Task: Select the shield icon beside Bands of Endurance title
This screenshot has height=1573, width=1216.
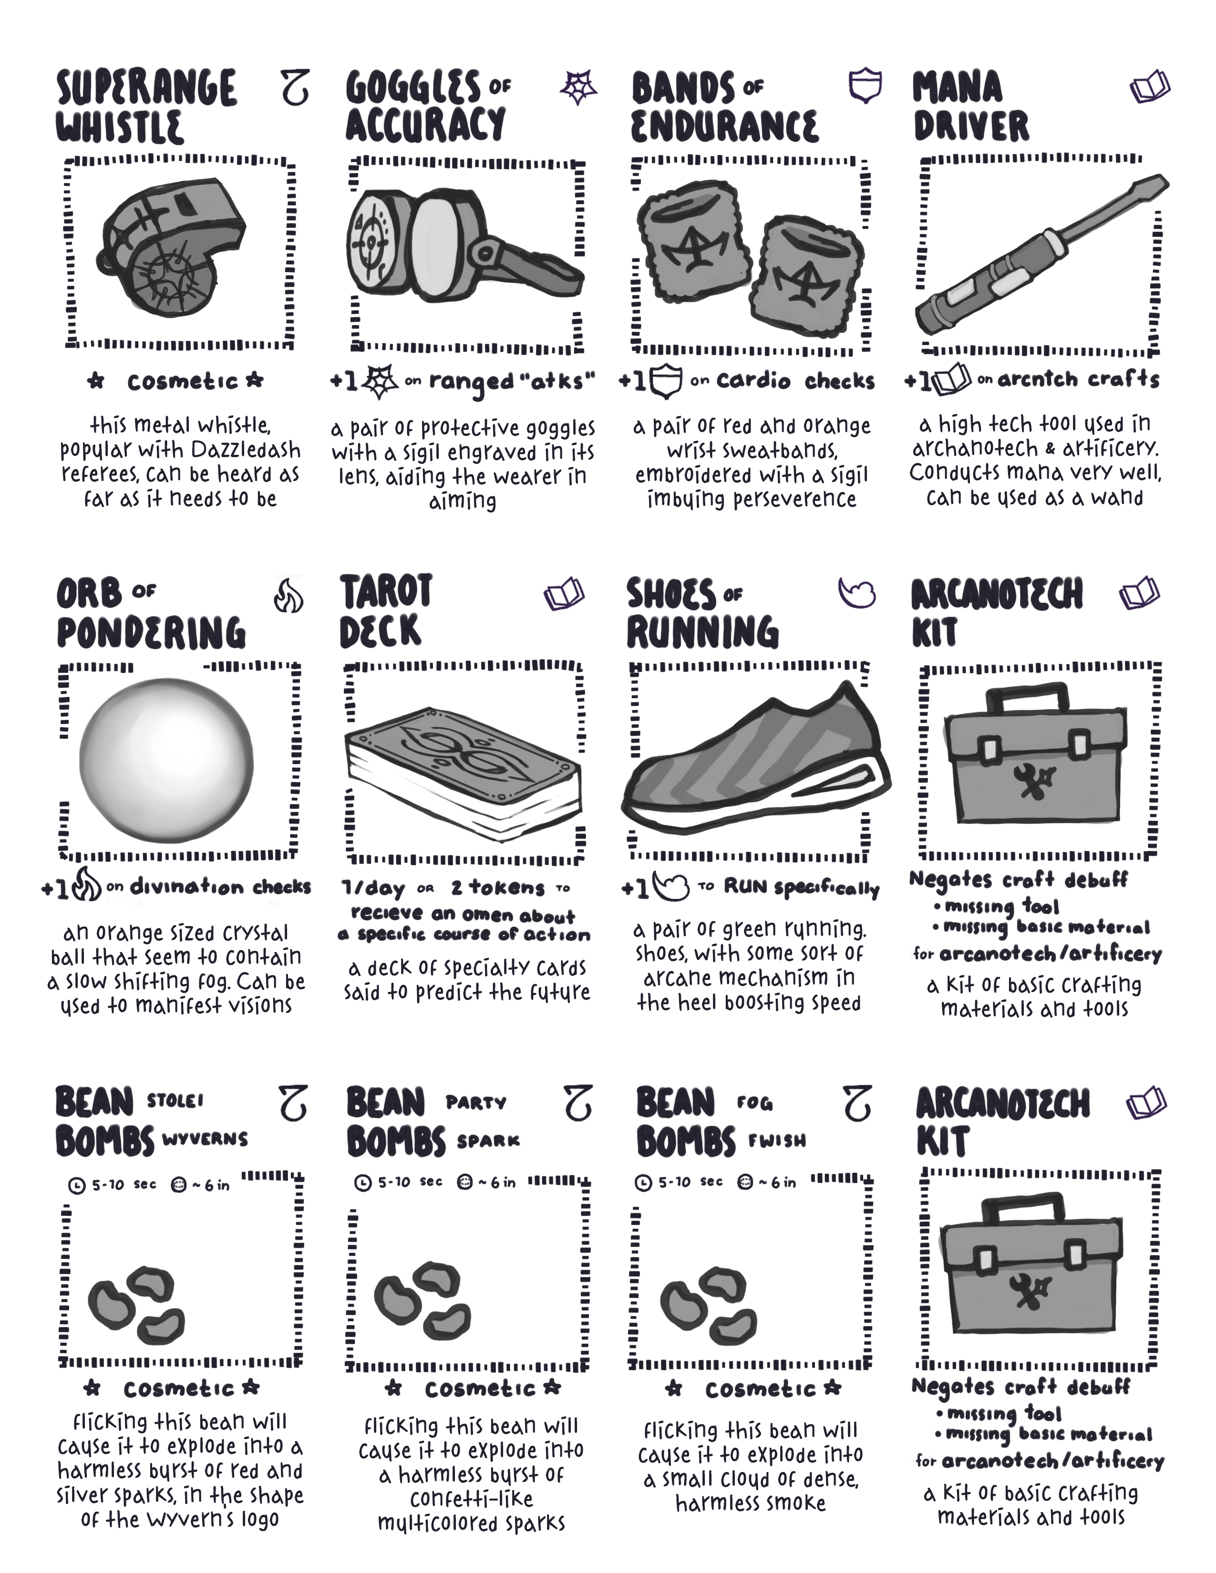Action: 865,86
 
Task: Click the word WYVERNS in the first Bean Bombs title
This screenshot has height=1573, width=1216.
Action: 206,1139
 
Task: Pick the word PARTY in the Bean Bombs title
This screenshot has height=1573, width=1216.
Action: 475,1103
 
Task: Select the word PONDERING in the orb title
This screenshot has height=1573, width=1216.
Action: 151,633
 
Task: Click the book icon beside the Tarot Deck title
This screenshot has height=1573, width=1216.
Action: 564,595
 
